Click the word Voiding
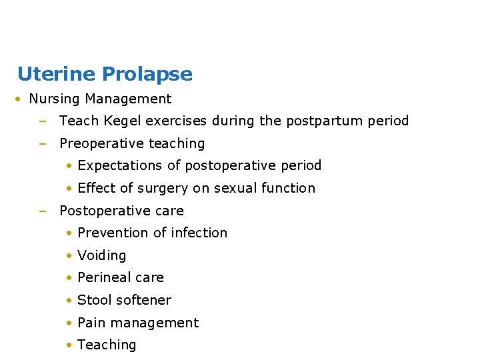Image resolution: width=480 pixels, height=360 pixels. (x=101, y=255)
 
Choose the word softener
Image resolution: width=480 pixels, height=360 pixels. (x=143, y=300)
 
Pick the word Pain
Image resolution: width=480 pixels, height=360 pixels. (x=91, y=323)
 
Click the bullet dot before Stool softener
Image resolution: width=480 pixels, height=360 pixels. (x=69, y=301)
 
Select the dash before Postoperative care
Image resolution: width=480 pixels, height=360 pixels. (x=42, y=211)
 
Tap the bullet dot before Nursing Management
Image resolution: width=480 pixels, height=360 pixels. (x=20, y=99)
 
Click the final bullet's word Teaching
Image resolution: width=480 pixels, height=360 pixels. (x=107, y=345)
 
